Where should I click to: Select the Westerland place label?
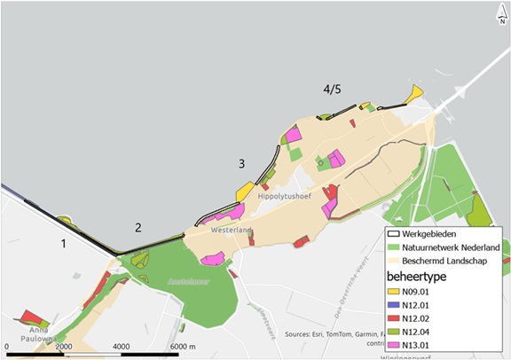pyautogui.click(x=232, y=231)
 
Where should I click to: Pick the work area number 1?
pyautogui.click(x=63, y=242)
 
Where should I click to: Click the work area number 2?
pyautogui.click(x=138, y=227)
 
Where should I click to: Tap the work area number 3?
pyautogui.click(x=240, y=163)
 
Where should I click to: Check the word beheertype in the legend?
pyautogui.click(x=422, y=278)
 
